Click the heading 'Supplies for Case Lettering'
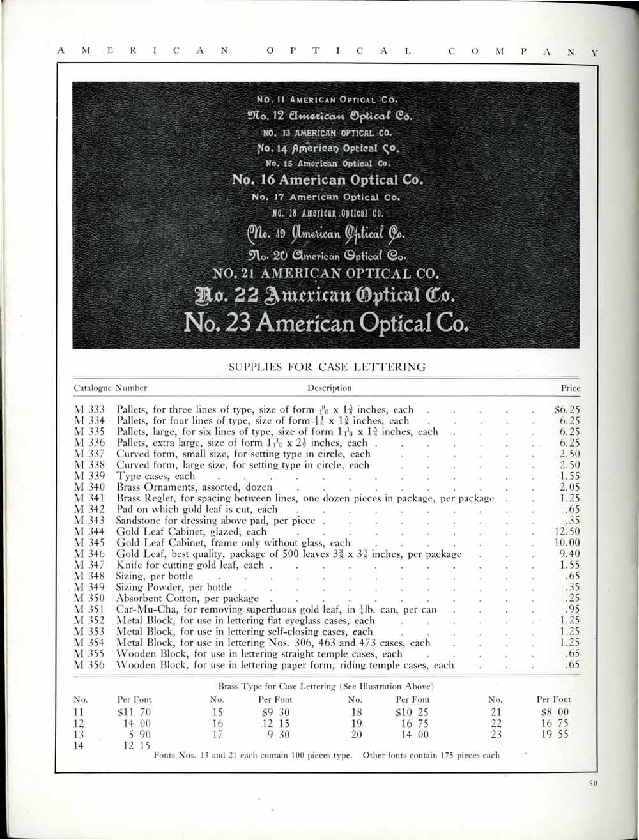click(327, 367)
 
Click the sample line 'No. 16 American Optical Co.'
click(327, 179)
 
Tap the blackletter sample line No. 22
click(327, 298)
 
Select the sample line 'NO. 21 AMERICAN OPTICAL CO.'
click(327, 275)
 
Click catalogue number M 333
click(89, 409)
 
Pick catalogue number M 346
click(89, 554)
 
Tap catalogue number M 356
click(89, 665)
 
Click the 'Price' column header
click(570, 388)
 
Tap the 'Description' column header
click(329, 388)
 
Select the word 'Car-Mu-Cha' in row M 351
click(142, 609)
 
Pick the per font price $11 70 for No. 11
click(135, 712)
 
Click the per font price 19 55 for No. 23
click(554, 735)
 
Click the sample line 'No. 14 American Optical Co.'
click(327, 149)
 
